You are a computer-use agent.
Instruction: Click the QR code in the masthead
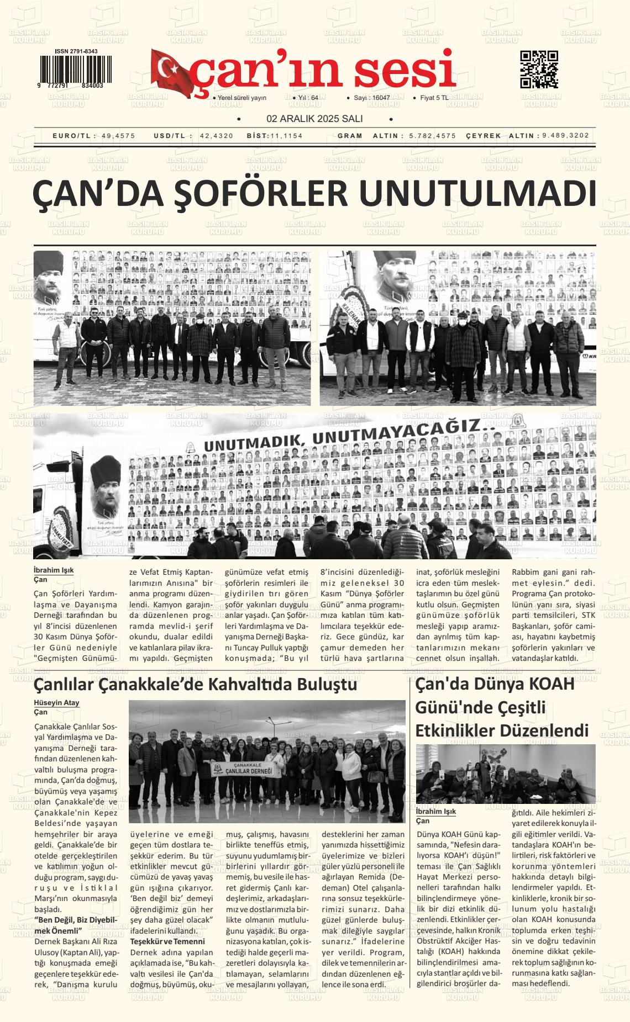539,70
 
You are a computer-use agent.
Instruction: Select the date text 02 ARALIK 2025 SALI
314,119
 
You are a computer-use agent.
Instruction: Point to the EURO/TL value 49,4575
118,136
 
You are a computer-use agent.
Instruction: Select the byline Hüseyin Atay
56,703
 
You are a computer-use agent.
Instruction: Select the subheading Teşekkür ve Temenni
167,941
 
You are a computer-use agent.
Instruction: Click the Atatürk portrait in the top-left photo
50,281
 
